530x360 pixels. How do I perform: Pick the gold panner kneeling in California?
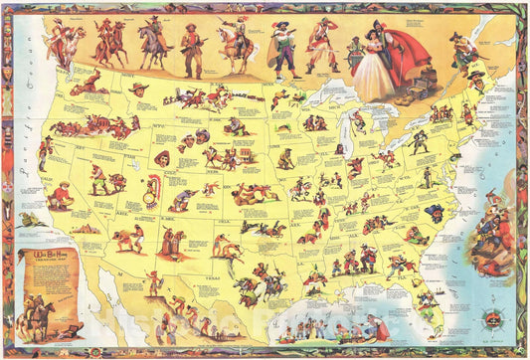61,195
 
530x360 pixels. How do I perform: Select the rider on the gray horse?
151,45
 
